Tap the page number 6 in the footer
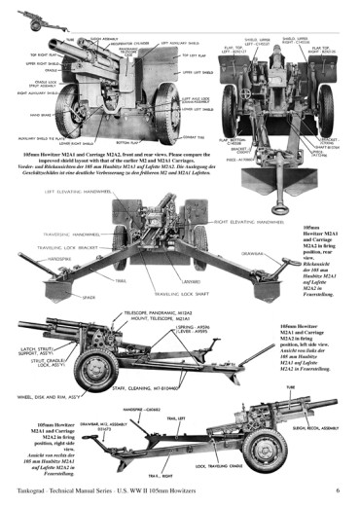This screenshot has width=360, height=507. coord(337,490)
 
